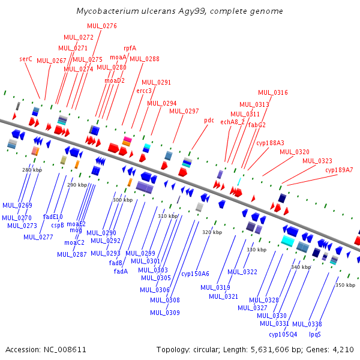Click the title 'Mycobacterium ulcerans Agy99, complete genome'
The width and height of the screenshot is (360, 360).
pos(180,11)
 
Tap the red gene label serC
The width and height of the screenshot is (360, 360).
pos(26,59)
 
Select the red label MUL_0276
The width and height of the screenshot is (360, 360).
pos(102,26)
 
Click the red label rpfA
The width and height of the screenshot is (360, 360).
pos(130,48)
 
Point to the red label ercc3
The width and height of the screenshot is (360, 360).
pos(144,91)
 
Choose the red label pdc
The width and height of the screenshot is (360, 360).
pos(209,120)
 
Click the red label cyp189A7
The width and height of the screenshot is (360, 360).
pos(339,170)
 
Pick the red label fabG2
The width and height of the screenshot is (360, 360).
pos(257,125)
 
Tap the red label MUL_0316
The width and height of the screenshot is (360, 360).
pos(273,92)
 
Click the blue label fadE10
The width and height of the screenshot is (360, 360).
pos(53,217)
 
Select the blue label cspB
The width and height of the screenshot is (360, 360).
pos(58,225)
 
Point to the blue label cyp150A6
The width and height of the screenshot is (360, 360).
pos(195,274)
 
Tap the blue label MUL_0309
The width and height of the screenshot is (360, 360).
pos(165,313)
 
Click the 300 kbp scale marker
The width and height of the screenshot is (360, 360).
pos(122,200)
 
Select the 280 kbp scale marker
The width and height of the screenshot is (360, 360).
pos(32,170)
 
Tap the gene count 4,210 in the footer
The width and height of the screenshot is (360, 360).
pos(343,349)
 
